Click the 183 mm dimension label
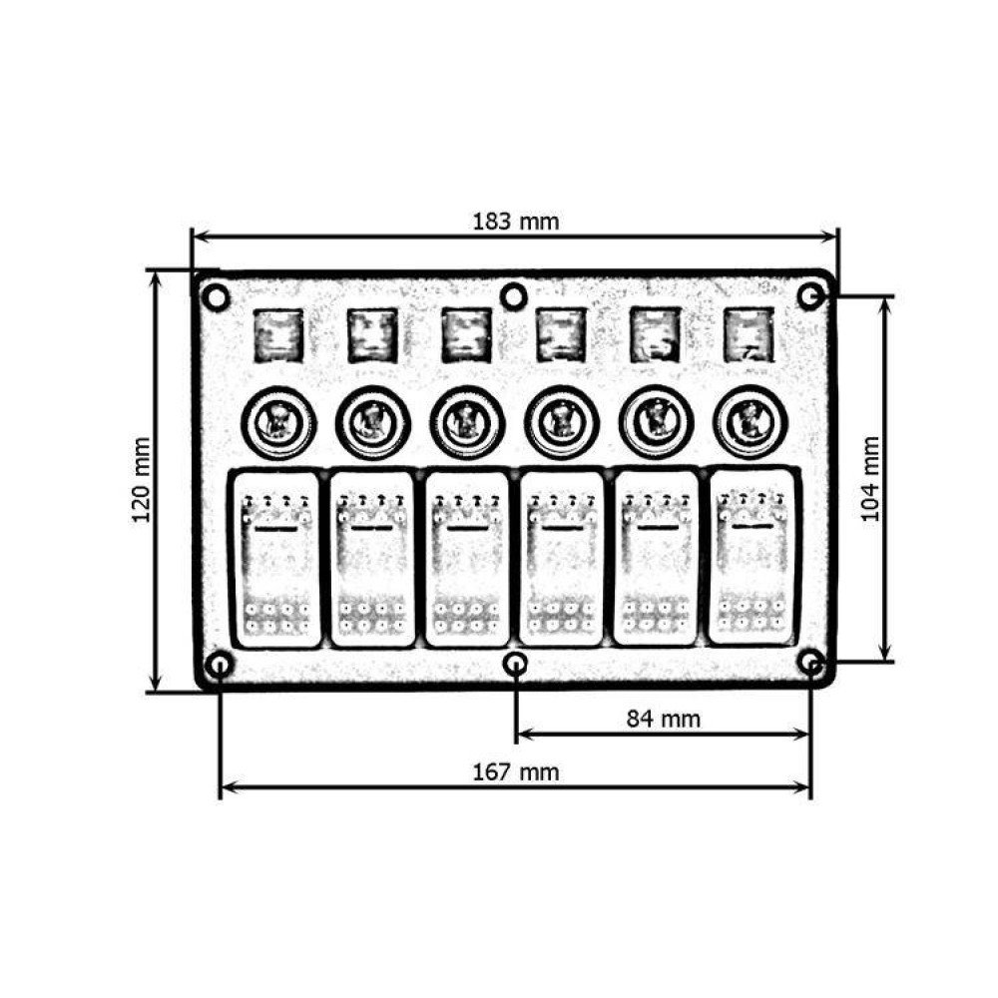click(516, 222)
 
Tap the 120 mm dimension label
click(141, 480)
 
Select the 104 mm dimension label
click(869, 479)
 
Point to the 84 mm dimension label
click(664, 719)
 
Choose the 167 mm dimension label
click(516, 772)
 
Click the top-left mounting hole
click(216, 296)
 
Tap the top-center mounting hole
click(514, 296)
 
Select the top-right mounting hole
click(810, 296)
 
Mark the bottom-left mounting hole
click(220, 665)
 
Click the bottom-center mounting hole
click(515, 665)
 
